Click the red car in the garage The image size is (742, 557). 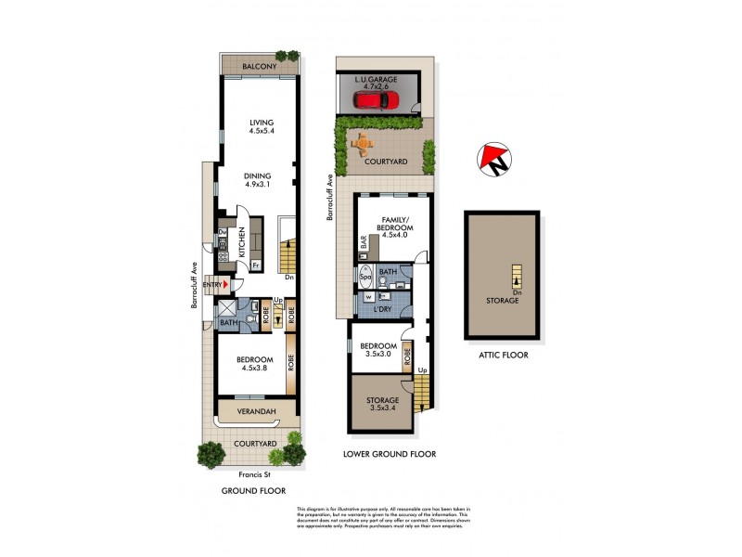point(376,99)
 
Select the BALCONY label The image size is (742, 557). point(260,67)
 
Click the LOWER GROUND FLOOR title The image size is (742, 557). point(390,454)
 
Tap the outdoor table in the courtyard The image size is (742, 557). point(364,144)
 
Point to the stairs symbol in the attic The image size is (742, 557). point(516,277)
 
